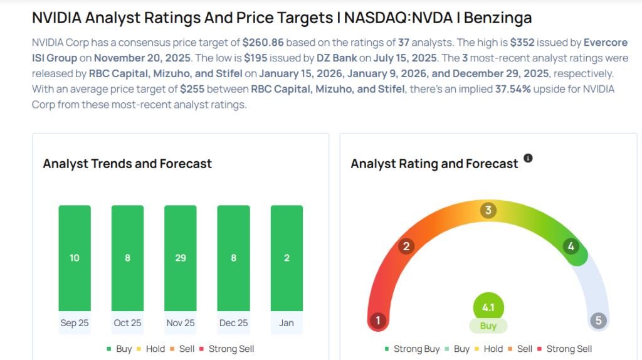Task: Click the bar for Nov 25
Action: (x=181, y=258)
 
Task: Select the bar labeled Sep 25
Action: (x=75, y=258)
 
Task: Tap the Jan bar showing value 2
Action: (x=287, y=258)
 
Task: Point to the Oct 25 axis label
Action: (x=127, y=323)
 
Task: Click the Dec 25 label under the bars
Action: (x=233, y=323)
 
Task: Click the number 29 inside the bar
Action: (x=181, y=258)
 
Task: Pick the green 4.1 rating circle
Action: (x=488, y=308)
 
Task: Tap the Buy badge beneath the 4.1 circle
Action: (x=488, y=326)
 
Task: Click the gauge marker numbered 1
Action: (x=377, y=321)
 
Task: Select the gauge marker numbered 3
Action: (x=488, y=210)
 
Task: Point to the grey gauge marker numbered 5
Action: (x=598, y=321)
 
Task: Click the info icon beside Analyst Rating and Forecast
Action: (x=528, y=159)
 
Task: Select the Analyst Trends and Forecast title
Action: (x=127, y=164)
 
